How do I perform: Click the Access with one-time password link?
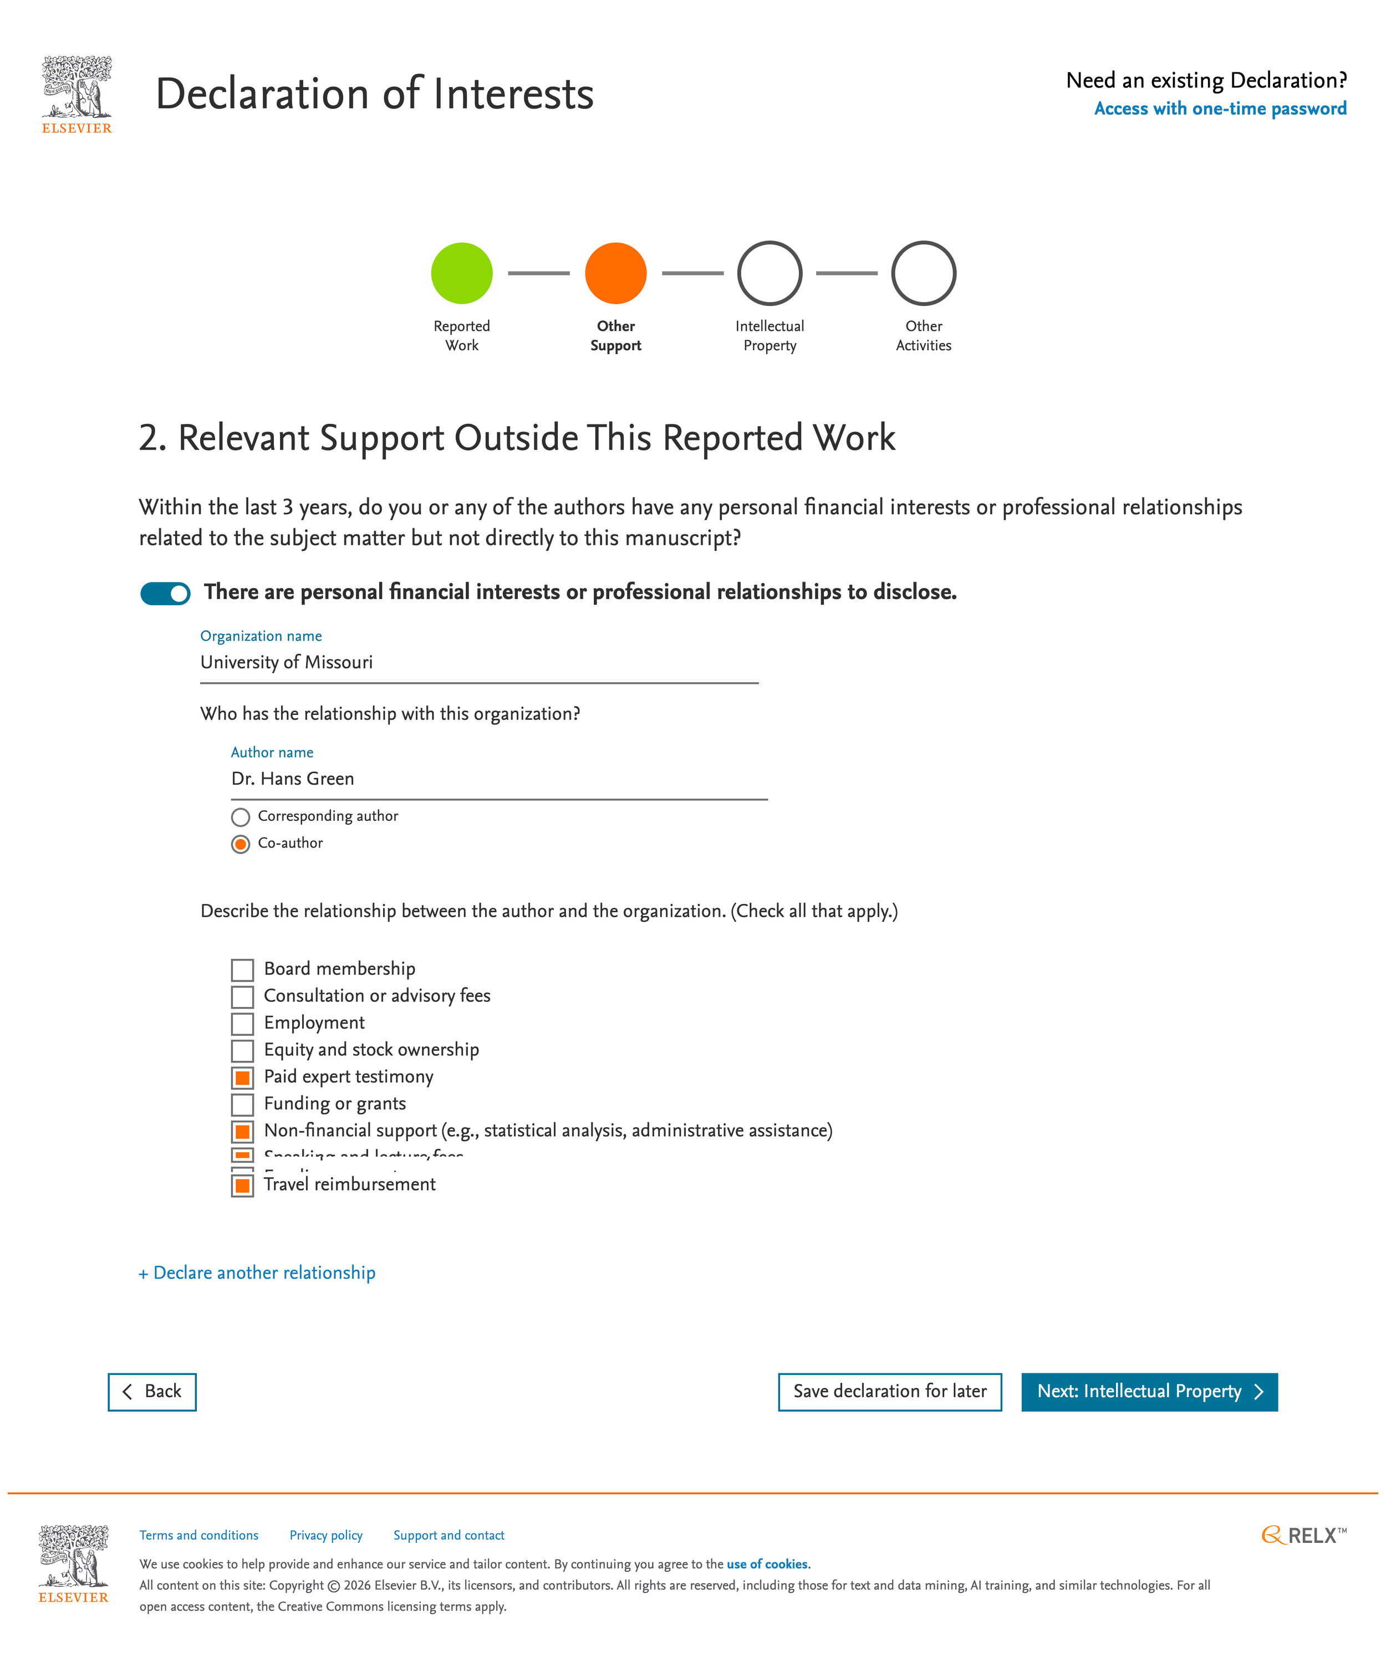click(1220, 109)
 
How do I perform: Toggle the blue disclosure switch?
click(165, 593)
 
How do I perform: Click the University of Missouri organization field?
click(479, 662)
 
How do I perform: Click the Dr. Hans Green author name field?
click(498, 779)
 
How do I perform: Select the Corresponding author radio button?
click(241, 817)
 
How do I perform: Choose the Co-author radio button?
click(241, 844)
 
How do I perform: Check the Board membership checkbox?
click(242, 970)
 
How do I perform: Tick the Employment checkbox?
click(242, 1024)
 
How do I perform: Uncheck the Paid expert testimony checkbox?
click(242, 1077)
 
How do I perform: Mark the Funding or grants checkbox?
click(242, 1104)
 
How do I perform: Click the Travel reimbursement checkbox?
click(242, 1185)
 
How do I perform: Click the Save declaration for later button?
click(889, 1392)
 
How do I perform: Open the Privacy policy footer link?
click(326, 1535)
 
